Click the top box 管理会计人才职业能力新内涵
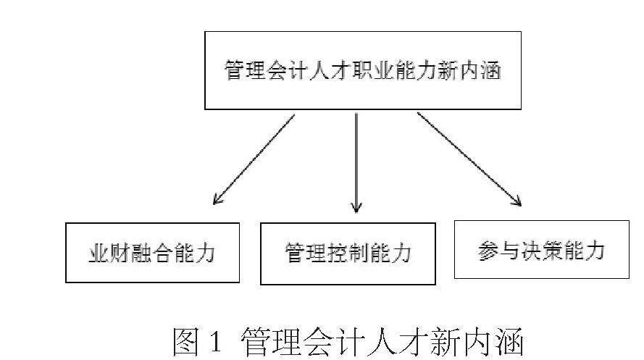[x=362, y=70]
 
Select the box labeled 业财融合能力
[x=152, y=252]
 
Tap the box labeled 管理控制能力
[x=348, y=254]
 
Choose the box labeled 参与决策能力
[x=541, y=250]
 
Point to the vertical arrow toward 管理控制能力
[x=356, y=163]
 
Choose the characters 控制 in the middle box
[x=348, y=254]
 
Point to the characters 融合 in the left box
[x=152, y=254]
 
